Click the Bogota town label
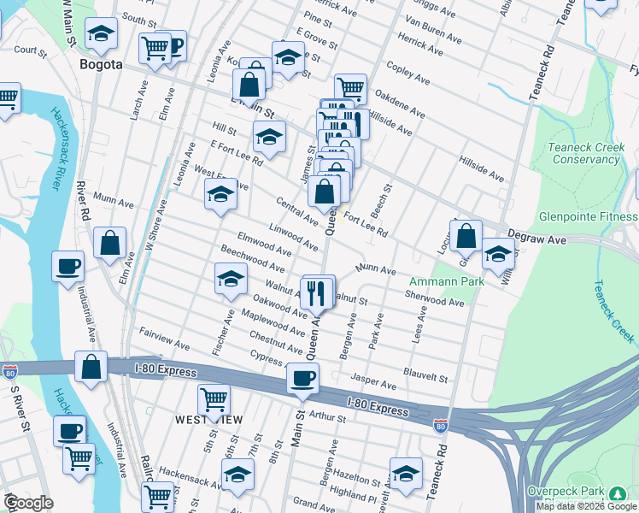(x=101, y=64)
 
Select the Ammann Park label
(x=447, y=281)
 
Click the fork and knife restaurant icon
(x=318, y=292)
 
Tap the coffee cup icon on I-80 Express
(x=302, y=378)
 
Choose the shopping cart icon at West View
(x=214, y=399)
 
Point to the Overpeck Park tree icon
(x=617, y=493)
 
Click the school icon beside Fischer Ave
(x=230, y=279)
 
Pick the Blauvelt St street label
(x=426, y=376)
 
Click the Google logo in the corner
(x=28, y=503)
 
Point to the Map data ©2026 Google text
(x=586, y=506)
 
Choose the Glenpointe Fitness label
(x=589, y=216)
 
